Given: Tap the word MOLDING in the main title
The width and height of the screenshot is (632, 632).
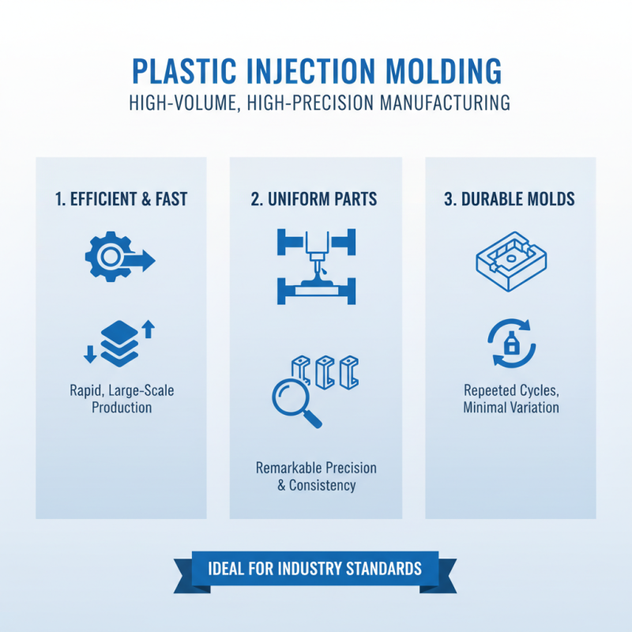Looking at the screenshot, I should pyautogui.click(x=439, y=71).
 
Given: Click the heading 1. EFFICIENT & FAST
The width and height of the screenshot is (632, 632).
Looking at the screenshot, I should pyautogui.click(x=121, y=200).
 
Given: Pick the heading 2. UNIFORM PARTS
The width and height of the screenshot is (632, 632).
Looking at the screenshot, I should pyautogui.click(x=314, y=200).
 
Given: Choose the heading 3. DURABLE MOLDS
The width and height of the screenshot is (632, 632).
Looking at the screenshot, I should pyautogui.click(x=510, y=200).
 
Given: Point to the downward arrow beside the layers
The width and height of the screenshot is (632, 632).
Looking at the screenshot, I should pyautogui.click(x=89, y=354).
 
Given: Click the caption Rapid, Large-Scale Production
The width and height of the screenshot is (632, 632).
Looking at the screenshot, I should pyautogui.click(x=121, y=399).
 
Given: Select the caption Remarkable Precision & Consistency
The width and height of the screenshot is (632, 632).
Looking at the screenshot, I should pyautogui.click(x=315, y=476).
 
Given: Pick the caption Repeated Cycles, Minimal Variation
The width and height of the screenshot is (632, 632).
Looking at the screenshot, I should pyautogui.click(x=510, y=399).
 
